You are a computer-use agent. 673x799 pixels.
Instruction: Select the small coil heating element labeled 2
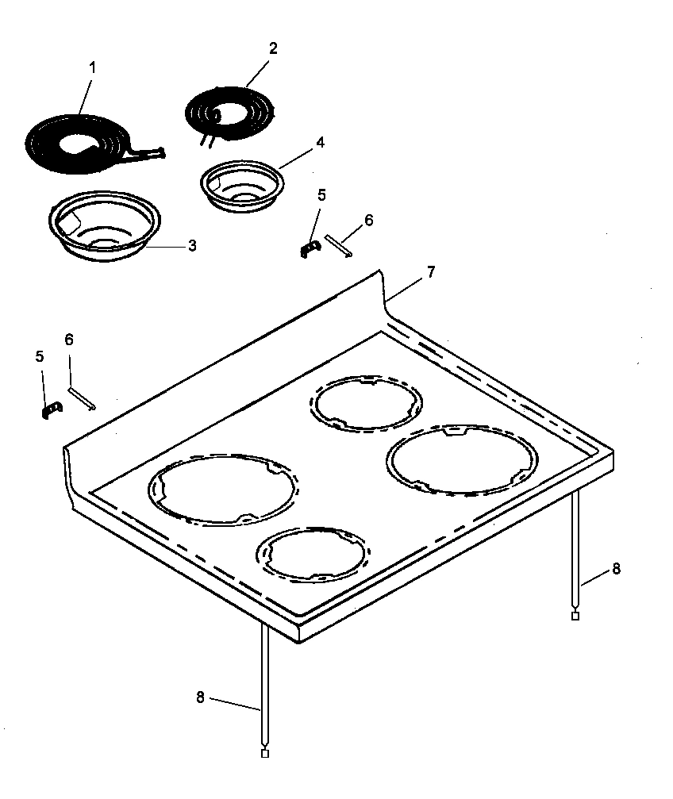click(230, 110)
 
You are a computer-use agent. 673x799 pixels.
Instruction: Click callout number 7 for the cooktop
click(429, 272)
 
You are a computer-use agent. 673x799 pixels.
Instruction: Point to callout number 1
click(91, 67)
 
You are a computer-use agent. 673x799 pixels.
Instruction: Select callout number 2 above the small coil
click(273, 48)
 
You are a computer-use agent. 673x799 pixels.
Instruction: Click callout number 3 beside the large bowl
click(192, 246)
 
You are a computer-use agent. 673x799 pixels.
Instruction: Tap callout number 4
click(319, 143)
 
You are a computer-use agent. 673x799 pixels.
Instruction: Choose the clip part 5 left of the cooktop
click(51, 409)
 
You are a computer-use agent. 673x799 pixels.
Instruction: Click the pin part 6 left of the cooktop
click(82, 398)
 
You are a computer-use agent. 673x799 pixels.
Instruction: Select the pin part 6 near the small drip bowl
click(338, 244)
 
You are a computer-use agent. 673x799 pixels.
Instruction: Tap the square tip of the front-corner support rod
click(265, 753)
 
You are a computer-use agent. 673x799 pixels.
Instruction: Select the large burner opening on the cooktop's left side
click(223, 490)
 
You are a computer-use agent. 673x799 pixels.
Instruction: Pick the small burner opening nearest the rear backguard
click(365, 403)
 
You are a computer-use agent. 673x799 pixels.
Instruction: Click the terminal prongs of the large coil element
click(151, 152)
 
